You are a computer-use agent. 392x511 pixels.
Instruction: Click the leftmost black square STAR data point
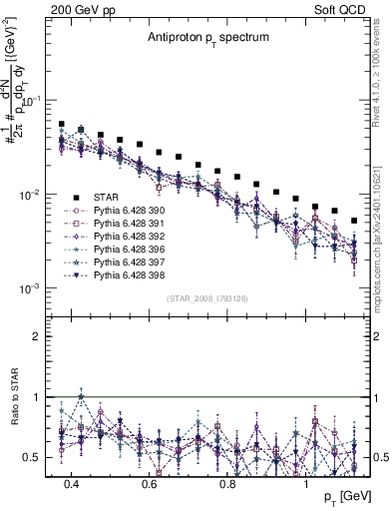pyautogui.click(x=62, y=125)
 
